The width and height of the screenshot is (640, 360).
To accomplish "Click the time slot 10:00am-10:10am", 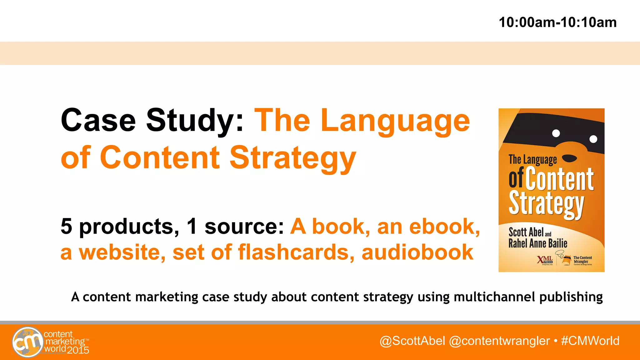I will point(557,22).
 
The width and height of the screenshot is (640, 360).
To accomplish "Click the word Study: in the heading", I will point(195,121).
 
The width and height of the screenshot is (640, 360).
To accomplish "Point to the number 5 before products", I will point(66,226).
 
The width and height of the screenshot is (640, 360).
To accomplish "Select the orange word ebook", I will point(444,226).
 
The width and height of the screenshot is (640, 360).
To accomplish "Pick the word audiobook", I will point(417,252).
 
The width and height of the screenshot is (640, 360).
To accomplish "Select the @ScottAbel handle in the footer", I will point(412,341).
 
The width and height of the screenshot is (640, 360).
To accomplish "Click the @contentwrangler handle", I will point(499,341).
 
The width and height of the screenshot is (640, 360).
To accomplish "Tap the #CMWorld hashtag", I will point(590,341).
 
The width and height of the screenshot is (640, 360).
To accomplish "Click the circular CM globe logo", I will point(28,342).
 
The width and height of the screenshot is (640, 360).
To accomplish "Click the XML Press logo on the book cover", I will point(545,260).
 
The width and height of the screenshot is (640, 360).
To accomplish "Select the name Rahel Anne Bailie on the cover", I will point(537,243).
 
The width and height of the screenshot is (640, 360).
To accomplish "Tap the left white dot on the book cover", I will point(556,133).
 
